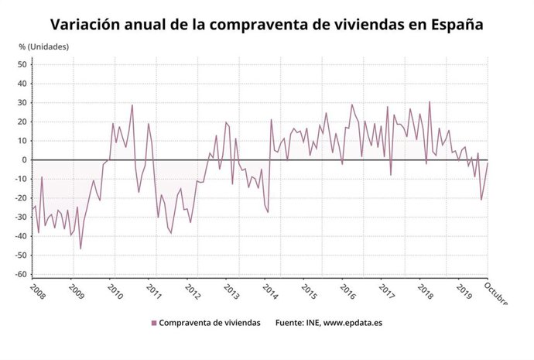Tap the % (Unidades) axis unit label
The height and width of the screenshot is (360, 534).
[x=44, y=47]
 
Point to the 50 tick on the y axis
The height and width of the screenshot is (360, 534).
[x=23, y=64]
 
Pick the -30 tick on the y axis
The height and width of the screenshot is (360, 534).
[x=22, y=217]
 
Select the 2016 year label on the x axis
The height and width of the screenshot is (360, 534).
[x=347, y=292]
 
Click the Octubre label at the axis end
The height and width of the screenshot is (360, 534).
[x=496, y=293]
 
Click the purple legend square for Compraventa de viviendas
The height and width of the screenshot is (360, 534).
[x=154, y=323]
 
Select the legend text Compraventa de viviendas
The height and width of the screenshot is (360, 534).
[x=210, y=323]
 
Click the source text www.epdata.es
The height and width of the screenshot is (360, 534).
[x=354, y=323]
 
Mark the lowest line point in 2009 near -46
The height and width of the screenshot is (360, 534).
[x=80, y=249]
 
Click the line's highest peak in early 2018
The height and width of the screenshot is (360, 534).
[x=430, y=101]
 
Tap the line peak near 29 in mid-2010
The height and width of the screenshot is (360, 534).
[x=132, y=105]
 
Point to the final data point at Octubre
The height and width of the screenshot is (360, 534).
[x=488, y=163]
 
